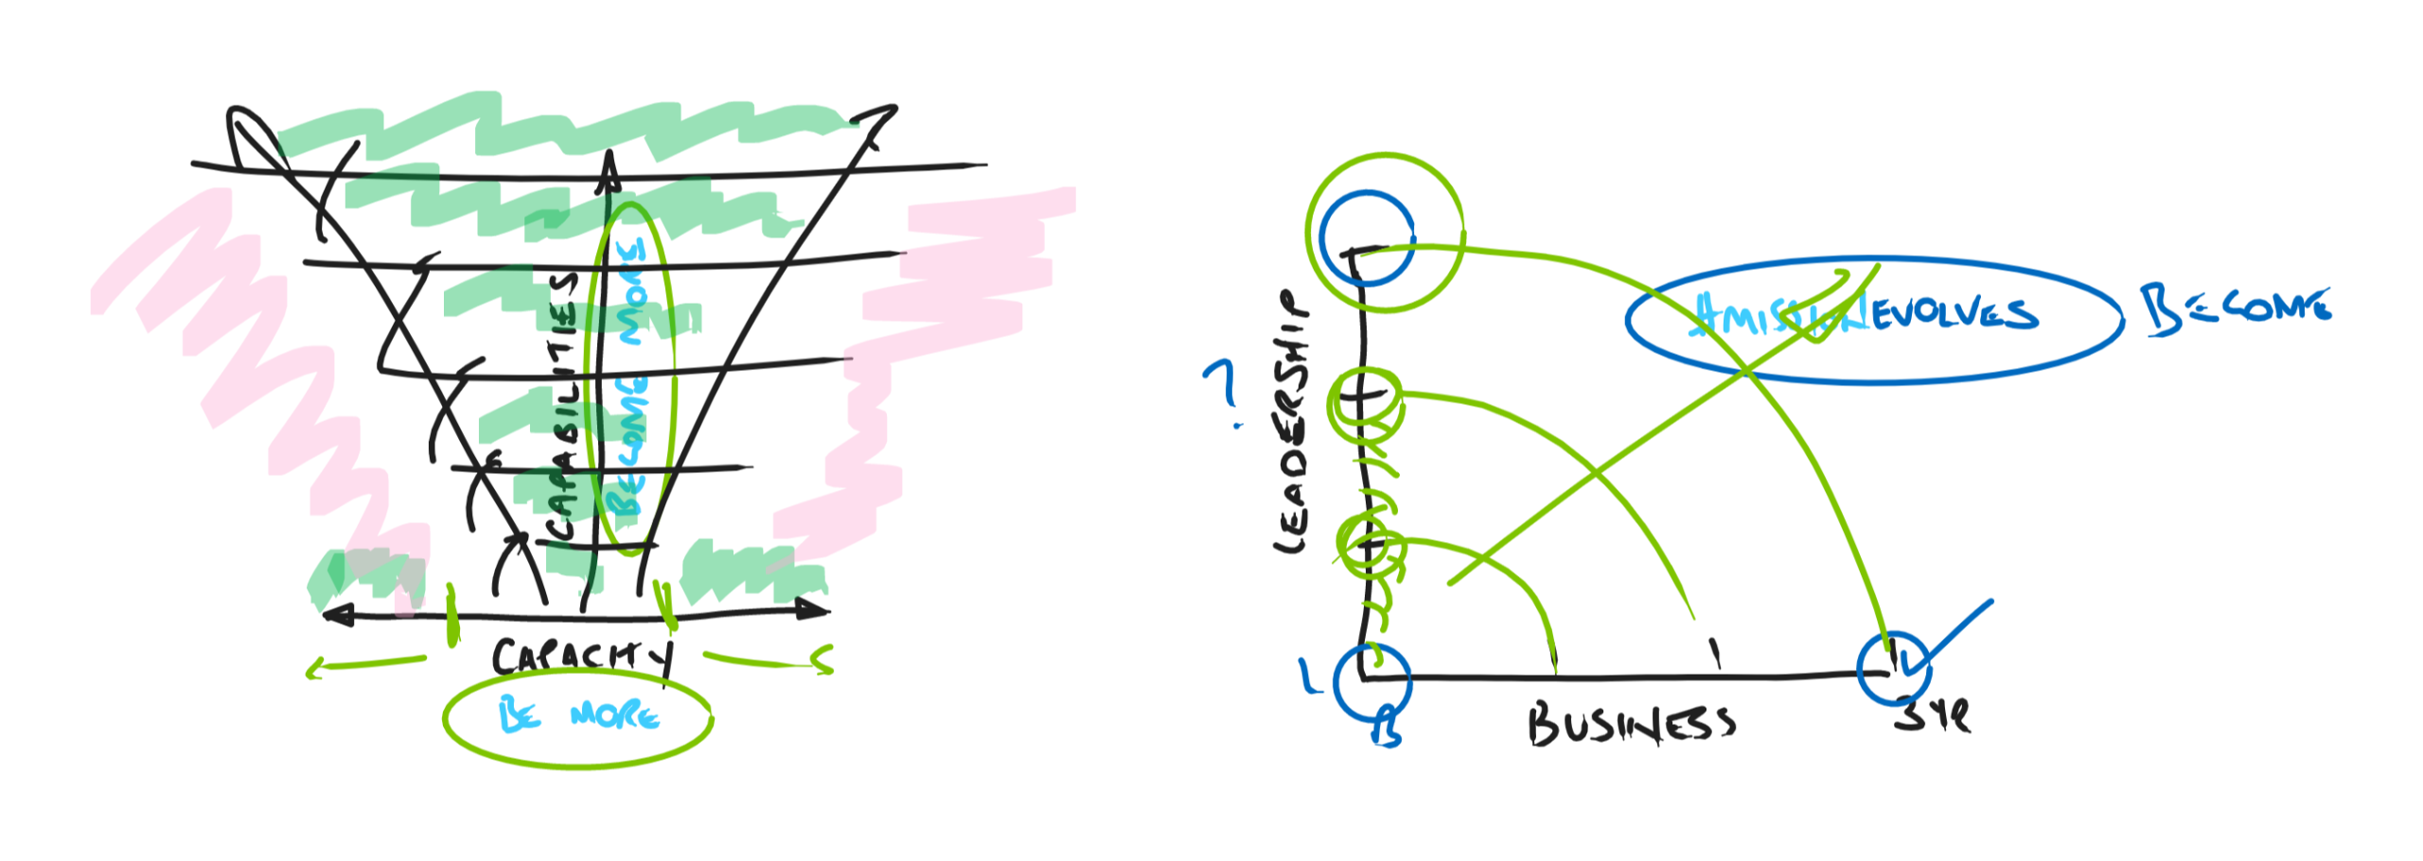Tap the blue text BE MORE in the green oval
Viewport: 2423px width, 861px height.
click(578, 714)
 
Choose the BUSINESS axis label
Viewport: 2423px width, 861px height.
click(1631, 725)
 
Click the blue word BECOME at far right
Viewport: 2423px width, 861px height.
click(2236, 308)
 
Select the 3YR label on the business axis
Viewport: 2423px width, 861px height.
click(1931, 715)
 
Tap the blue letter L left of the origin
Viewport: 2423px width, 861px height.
click(1310, 677)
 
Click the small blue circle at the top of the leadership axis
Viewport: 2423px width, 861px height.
click(1366, 237)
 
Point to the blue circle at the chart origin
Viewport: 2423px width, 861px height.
click(1371, 681)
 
